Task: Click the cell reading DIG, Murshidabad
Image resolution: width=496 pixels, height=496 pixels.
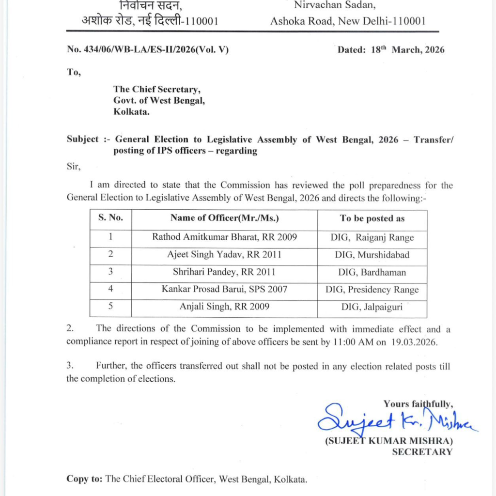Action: coord(372,255)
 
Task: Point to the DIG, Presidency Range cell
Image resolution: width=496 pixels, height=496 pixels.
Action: coord(372,290)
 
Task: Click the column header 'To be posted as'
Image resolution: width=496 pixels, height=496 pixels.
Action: coord(372,218)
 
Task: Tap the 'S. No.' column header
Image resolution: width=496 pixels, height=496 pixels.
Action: coord(111,218)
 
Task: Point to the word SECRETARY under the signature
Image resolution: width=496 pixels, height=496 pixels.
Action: coord(422,452)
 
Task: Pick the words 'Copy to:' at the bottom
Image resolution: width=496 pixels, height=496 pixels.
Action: coord(84,479)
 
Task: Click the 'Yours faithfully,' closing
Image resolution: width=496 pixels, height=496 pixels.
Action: coord(418,403)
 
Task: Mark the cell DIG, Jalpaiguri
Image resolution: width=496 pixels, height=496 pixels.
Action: coord(372,307)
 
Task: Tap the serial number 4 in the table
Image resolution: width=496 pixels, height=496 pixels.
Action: coord(111,290)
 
